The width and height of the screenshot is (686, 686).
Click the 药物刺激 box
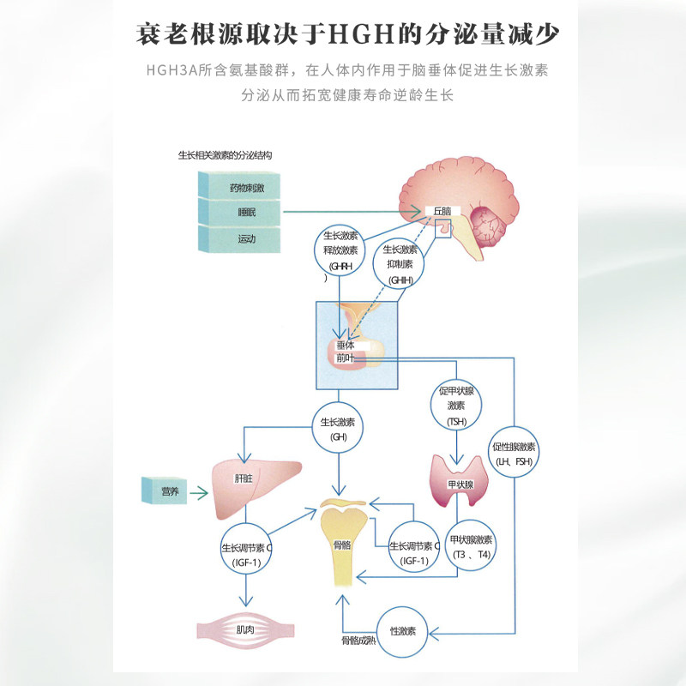(239, 184)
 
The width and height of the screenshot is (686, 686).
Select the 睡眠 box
(239, 212)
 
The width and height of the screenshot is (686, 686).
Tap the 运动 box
(239, 239)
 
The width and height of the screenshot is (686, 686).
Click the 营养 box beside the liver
(165, 490)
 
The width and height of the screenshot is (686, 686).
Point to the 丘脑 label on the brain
(442, 211)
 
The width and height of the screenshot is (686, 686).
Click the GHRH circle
(340, 250)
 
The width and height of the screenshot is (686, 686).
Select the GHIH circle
(400, 264)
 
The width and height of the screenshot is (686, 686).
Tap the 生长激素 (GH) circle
(338, 428)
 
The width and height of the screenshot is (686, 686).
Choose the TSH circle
(456, 405)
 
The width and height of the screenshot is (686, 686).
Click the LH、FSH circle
(514, 452)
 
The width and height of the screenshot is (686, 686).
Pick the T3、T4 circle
(471, 545)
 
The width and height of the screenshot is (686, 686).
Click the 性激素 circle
(402, 632)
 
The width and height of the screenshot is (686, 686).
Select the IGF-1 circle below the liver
(246, 549)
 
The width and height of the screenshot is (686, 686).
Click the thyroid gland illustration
(459, 480)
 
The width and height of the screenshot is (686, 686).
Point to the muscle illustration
(245, 630)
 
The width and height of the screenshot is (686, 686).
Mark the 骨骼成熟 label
(358, 641)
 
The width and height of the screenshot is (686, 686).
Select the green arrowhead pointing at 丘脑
(416, 212)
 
